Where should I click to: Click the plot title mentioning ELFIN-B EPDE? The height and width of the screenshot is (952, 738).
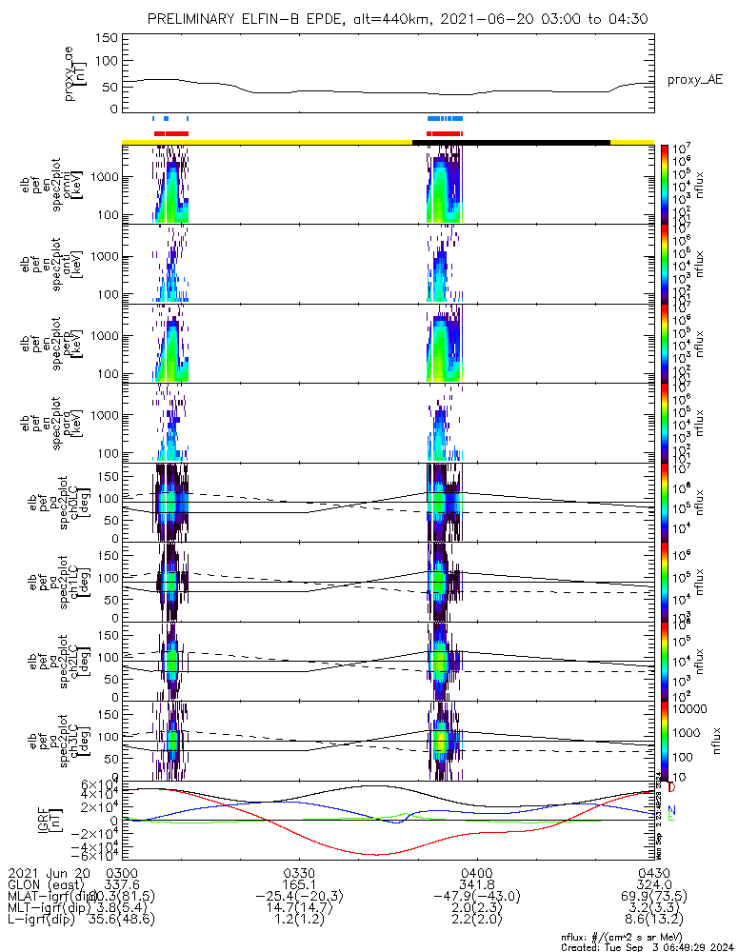click(x=392, y=20)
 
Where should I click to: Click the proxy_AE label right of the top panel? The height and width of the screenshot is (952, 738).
click(x=694, y=80)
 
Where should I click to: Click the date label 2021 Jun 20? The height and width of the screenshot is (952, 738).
click(x=48, y=872)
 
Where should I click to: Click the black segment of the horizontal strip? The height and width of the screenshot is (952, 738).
click(x=510, y=142)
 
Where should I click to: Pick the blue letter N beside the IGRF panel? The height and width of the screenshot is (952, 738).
click(x=671, y=808)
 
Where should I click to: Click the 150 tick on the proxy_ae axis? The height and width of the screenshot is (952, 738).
click(x=107, y=37)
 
